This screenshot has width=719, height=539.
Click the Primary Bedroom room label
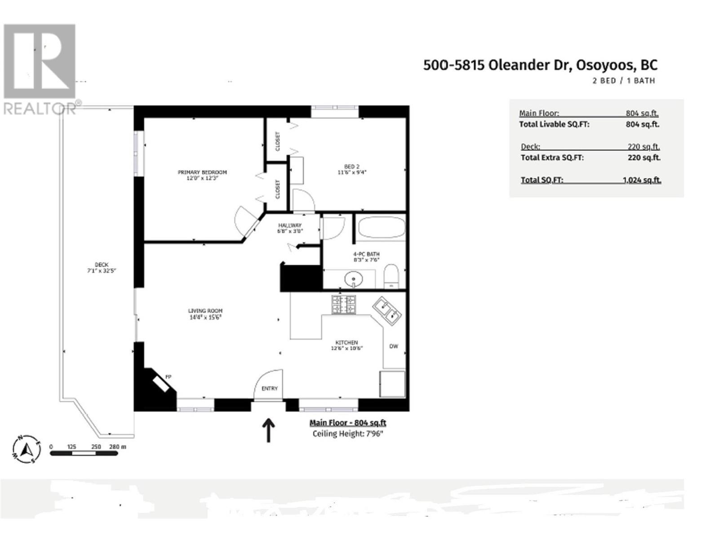[x=202, y=172]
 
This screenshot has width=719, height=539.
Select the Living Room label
[x=205, y=311]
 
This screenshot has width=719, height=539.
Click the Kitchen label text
[x=346, y=342]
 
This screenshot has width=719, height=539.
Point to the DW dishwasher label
[x=394, y=346]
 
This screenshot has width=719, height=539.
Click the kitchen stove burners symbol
[x=344, y=305]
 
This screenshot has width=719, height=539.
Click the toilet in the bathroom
[x=391, y=276]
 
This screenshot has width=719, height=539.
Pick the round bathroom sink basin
[x=354, y=280]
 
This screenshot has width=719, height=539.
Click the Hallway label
[x=290, y=225]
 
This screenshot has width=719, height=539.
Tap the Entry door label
[x=270, y=389]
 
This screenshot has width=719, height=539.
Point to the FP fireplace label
[x=169, y=376]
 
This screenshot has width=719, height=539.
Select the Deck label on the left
[x=102, y=265]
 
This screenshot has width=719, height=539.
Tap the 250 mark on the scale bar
[x=96, y=447]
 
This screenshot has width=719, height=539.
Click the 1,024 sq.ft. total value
[x=642, y=180]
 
